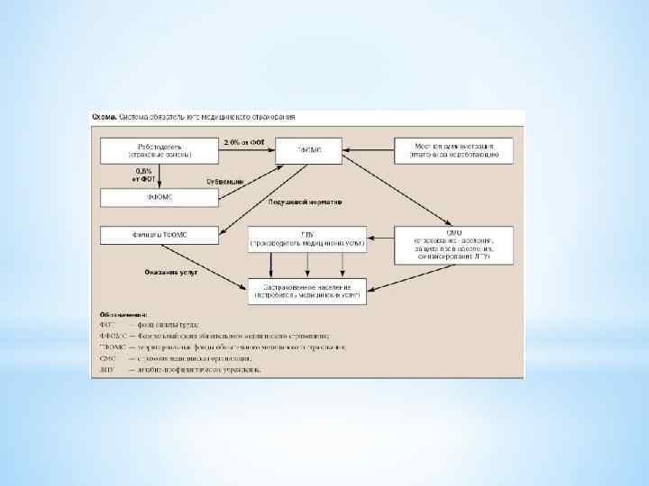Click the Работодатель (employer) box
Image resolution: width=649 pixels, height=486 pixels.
(159, 150)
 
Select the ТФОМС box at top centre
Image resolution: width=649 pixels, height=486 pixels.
(308, 150)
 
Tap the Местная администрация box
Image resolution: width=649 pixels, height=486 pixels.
(454, 150)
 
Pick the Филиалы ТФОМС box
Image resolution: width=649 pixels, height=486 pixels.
(159, 235)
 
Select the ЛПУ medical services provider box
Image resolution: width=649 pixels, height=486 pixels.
(308, 239)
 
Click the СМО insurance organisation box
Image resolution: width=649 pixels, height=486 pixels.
(454, 245)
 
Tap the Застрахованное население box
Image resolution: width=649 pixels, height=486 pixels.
(308, 291)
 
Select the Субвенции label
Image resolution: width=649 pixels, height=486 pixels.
(224, 182)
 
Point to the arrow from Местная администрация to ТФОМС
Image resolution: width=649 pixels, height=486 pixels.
(369, 150)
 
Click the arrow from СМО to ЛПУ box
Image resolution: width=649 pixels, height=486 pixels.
(381, 239)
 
